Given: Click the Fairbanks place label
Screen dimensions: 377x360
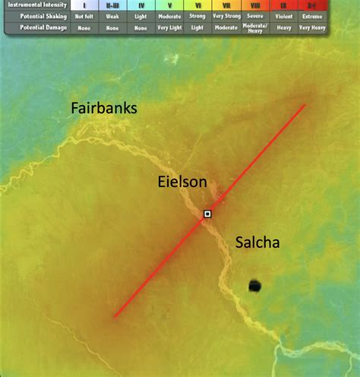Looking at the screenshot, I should coord(104,108).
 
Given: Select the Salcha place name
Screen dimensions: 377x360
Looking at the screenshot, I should coord(257,243).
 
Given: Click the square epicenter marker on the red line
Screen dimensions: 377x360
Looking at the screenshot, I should coord(207,215).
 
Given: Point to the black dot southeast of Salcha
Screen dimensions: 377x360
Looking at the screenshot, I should coord(254,286).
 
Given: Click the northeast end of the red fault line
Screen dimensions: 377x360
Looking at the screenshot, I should coord(305,105).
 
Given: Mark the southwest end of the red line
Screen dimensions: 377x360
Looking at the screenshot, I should coord(115,316).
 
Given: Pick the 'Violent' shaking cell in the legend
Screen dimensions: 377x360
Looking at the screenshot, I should coord(284,15).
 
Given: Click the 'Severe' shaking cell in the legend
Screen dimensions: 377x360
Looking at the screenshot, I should coord(255,15).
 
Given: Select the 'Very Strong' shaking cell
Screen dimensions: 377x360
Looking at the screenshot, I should coord(226,15).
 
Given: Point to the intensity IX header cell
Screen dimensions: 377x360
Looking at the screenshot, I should coord(284,5).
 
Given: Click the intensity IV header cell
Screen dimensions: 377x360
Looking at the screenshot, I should coord(141,5).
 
